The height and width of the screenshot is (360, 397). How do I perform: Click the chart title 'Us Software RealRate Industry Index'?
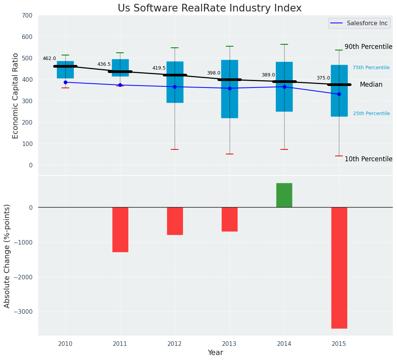click(209, 8)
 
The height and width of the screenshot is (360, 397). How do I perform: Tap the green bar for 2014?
click(284, 195)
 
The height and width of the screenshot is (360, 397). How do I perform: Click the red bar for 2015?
click(339, 268)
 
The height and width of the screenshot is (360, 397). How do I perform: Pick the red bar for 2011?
click(120, 229)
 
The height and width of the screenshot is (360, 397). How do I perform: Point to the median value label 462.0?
click(49, 58)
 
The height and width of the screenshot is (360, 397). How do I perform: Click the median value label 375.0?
click(323, 78)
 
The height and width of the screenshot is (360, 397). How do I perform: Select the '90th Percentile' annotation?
click(368, 47)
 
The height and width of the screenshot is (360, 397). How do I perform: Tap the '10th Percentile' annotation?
click(368, 159)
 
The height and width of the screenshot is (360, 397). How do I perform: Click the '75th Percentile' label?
click(371, 68)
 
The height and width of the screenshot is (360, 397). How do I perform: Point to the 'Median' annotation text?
click(371, 85)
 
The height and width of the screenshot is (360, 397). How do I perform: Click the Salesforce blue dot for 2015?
click(339, 94)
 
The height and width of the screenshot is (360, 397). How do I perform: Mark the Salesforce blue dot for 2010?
click(65, 82)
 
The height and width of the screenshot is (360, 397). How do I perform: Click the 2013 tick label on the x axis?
click(230, 344)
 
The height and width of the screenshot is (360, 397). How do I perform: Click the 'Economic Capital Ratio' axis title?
click(15, 96)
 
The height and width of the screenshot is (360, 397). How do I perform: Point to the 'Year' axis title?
click(216, 353)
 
